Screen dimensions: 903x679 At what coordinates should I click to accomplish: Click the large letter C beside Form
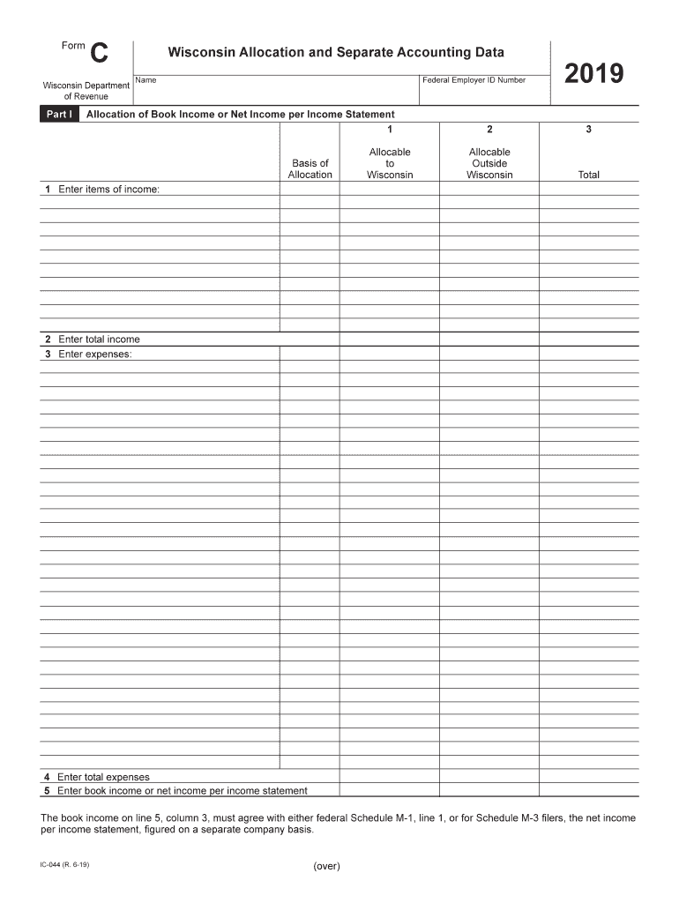pyautogui.click(x=100, y=55)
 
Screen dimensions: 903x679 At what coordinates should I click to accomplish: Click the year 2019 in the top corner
pyautogui.click(x=593, y=74)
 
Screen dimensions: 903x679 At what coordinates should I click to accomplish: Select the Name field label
pyautogui.click(x=146, y=80)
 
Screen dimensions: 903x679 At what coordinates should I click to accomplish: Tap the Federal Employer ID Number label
pyautogui.click(x=474, y=80)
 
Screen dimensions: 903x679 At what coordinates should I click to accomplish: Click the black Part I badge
pyautogui.click(x=59, y=115)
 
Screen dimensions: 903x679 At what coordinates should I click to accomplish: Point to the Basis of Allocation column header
pyautogui.click(x=310, y=168)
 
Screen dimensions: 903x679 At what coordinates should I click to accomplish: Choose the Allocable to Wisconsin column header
pyautogui.click(x=390, y=163)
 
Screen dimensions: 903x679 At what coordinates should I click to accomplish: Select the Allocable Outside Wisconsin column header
pyautogui.click(x=489, y=163)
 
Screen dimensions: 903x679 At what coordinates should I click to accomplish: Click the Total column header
pyautogui.click(x=588, y=175)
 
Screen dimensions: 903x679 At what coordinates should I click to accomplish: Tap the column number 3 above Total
pyautogui.click(x=588, y=130)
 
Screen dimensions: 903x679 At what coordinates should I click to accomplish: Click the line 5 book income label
pyautogui.click(x=175, y=791)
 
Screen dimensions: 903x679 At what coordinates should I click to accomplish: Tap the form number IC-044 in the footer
pyautogui.click(x=64, y=864)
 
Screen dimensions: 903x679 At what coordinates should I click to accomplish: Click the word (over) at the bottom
pyautogui.click(x=326, y=866)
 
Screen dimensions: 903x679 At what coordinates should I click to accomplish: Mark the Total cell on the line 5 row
pyautogui.click(x=588, y=790)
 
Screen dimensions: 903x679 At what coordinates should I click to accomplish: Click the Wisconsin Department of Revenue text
pyautogui.click(x=86, y=91)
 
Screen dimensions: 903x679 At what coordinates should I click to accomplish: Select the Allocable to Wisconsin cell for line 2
pyautogui.click(x=390, y=340)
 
